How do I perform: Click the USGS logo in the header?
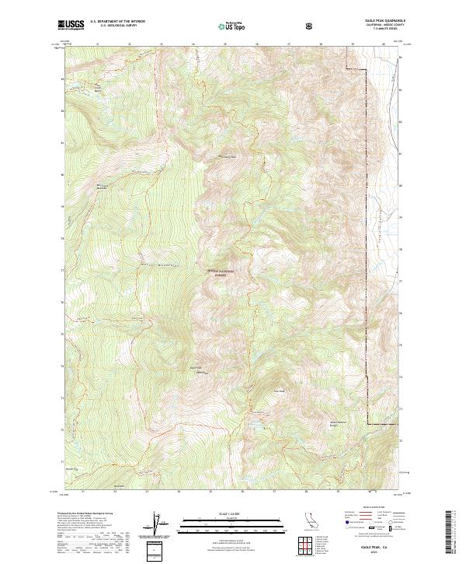[x=71, y=26]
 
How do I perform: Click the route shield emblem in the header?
[x=311, y=26]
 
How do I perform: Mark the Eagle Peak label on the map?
[x=277, y=391]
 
